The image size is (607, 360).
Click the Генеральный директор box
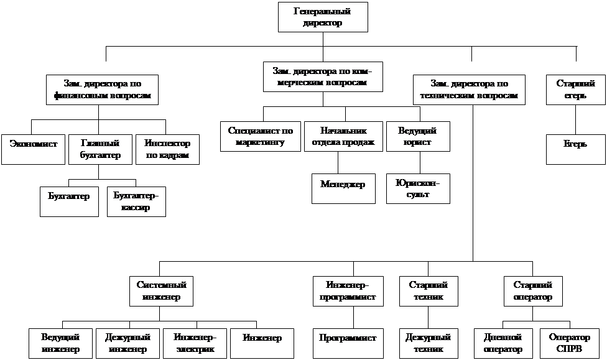[x=322, y=17]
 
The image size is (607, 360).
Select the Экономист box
[x=33, y=149]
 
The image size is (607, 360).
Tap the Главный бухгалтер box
[x=100, y=149]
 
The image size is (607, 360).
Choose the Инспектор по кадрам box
[x=167, y=149]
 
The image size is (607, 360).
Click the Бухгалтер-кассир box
[x=136, y=201]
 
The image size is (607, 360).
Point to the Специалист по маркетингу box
[x=261, y=136]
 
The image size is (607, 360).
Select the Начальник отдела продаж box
[x=344, y=136]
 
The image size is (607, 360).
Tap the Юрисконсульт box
[x=417, y=188]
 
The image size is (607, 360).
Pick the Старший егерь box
[x=575, y=90]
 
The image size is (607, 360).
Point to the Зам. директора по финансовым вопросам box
[x=102, y=90]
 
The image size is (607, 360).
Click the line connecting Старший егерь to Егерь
[x=575, y=119]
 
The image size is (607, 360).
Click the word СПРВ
[x=570, y=349]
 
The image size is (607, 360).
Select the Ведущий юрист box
[x=417, y=136]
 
